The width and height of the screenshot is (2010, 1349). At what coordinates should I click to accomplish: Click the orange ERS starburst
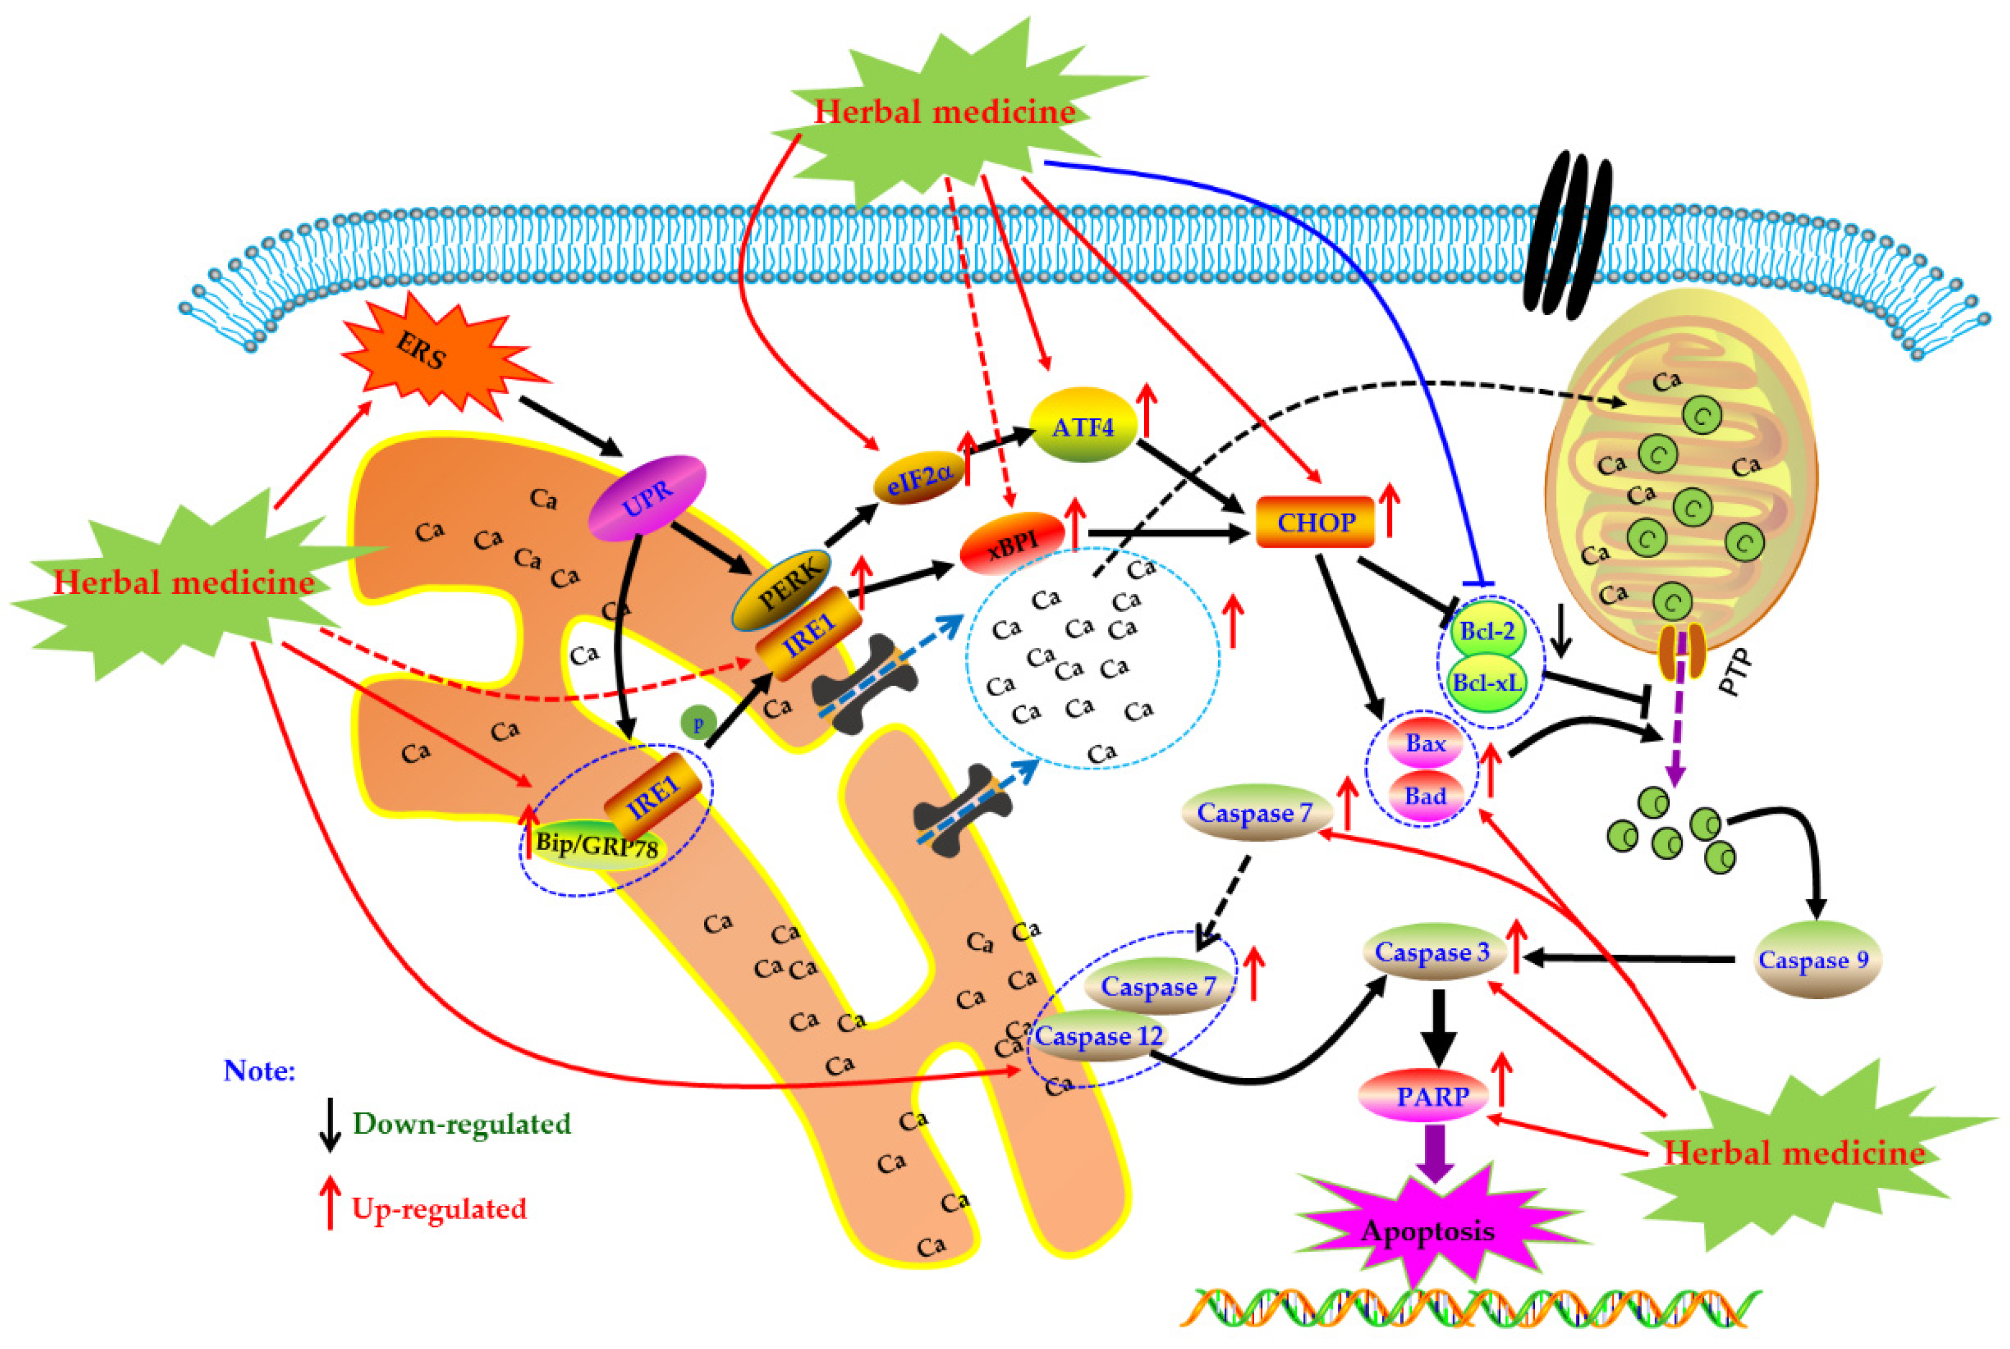[x=435, y=353]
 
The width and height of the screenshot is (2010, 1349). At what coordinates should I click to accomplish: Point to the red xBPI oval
[x=1012, y=543]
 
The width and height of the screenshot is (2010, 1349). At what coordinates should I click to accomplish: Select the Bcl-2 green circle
[x=1487, y=631]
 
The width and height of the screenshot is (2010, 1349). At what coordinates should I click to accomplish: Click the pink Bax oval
[x=1425, y=742]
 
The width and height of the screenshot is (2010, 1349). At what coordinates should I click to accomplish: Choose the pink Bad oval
[x=1425, y=796]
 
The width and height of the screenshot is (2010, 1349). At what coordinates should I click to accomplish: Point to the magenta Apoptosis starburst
[x=1429, y=1231]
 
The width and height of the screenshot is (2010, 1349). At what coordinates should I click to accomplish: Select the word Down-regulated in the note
[x=462, y=1124]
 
